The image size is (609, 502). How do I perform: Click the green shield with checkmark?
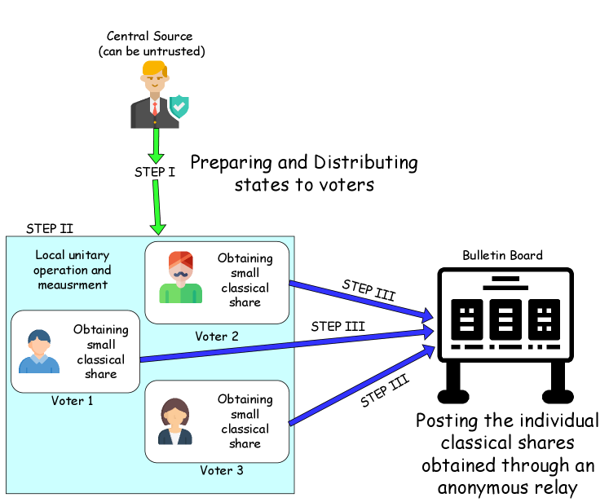(179, 107)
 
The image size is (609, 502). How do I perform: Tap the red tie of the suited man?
(155, 108)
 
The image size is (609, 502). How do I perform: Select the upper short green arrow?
(156, 146)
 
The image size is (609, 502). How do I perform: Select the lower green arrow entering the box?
(157, 207)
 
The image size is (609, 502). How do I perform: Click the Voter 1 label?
(73, 401)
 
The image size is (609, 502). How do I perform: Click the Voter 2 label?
(217, 336)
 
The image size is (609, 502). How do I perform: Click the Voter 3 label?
(222, 470)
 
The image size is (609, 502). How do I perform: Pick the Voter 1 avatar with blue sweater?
(39, 351)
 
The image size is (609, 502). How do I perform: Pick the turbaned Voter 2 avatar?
(181, 278)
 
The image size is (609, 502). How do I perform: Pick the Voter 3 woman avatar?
(175, 421)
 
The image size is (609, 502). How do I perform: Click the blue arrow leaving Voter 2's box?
(359, 299)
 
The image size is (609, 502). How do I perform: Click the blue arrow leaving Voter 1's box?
(285, 346)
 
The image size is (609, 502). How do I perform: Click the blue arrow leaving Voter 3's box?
(359, 387)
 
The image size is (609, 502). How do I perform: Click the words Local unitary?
(73, 255)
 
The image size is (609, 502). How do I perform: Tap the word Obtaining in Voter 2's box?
(245, 258)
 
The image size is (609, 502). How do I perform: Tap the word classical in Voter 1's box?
(101, 359)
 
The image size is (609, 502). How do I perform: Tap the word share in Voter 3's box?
(245, 443)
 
